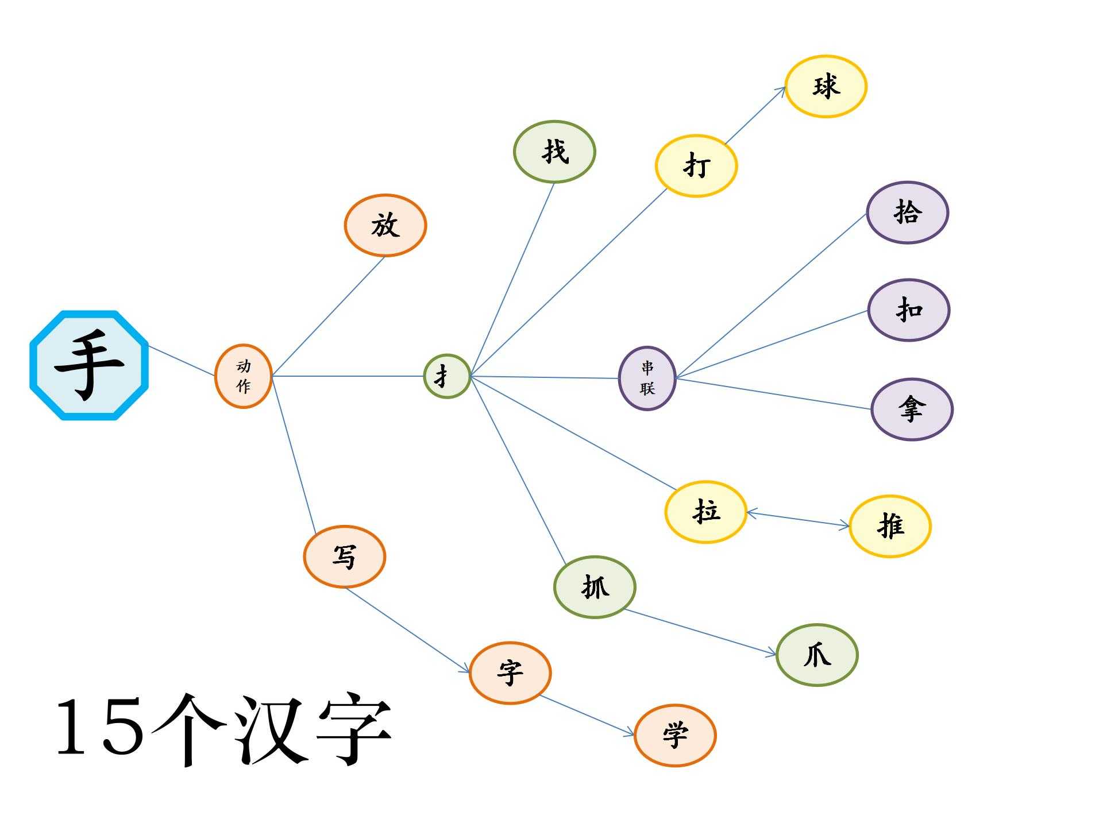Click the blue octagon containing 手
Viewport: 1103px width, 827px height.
point(89,365)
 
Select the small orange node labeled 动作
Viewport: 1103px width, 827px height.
point(243,376)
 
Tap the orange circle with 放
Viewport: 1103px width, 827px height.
point(385,225)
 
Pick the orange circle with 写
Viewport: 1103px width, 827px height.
point(344,557)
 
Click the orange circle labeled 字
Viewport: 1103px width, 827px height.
point(510,673)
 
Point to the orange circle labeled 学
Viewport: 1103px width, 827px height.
point(674,735)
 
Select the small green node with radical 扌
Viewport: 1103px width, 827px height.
point(446,376)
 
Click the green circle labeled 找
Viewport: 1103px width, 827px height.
point(554,152)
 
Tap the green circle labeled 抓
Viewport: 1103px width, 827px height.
point(595,587)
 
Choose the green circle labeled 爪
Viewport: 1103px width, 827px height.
point(816,655)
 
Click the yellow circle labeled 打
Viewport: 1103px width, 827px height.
point(696,166)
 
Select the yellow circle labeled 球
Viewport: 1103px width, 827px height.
point(826,87)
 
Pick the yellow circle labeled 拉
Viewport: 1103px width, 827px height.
point(705,511)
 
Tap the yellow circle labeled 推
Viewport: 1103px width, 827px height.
point(889,526)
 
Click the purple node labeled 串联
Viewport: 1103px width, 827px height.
point(647,378)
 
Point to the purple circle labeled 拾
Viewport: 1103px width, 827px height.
point(907,212)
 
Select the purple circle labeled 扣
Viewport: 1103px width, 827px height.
point(908,310)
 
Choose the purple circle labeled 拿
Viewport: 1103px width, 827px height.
point(912,409)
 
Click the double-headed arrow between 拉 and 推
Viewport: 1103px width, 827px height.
point(798,519)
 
